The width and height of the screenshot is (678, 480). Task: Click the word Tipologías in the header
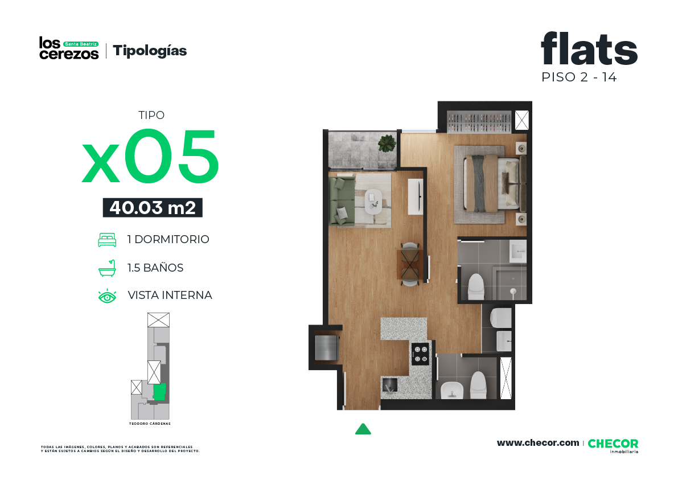(150, 51)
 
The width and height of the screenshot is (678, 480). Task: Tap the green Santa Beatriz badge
(81, 44)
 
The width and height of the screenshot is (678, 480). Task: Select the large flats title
(589, 48)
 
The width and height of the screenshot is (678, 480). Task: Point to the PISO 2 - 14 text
(579, 77)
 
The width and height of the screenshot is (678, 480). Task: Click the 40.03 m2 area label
(153, 208)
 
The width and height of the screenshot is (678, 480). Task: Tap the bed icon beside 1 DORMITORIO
(107, 240)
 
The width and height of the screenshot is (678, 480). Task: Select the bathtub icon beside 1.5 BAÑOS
(107, 268)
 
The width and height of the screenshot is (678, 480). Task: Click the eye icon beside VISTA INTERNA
(107, 296)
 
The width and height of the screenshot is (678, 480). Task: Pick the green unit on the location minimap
(159, 391)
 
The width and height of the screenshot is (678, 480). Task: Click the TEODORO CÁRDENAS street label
(150, 424)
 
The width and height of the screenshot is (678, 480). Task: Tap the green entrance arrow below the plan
(363, 429)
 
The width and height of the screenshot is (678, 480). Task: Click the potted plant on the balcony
(387, 143)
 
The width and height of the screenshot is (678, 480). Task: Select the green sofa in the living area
(342, 200)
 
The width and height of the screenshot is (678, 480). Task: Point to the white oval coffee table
(373, 201)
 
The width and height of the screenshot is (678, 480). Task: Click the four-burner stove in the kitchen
(420, 354)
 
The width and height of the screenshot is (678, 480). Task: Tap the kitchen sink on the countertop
(390, 385)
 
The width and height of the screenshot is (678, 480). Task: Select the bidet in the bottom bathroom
(452, 391)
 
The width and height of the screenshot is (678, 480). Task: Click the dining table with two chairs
(409, 264)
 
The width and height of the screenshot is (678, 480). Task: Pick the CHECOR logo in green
(613, 444)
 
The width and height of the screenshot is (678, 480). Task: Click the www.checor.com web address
(538, 443)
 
